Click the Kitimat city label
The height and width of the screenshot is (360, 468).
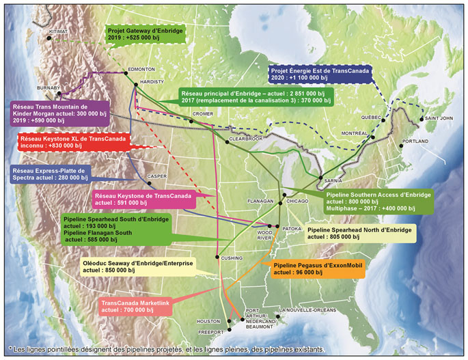click(59, 31)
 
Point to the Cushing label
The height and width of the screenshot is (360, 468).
click(232, 258)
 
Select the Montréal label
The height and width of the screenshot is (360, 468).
click(355, 133)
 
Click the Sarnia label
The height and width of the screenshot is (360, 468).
click(331, 182)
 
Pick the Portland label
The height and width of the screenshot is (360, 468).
click(415, 141)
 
